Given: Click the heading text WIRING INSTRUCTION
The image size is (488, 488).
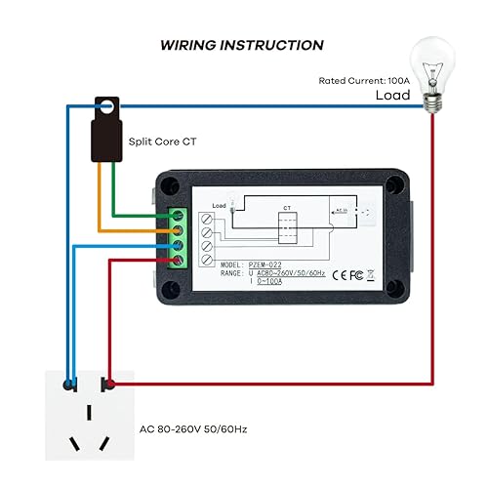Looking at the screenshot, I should click(242, 45).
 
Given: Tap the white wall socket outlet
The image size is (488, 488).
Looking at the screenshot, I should click(88, 414).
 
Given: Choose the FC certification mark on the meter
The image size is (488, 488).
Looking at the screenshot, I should click(357, 275).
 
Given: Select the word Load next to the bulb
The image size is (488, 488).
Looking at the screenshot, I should click(393, 97).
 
